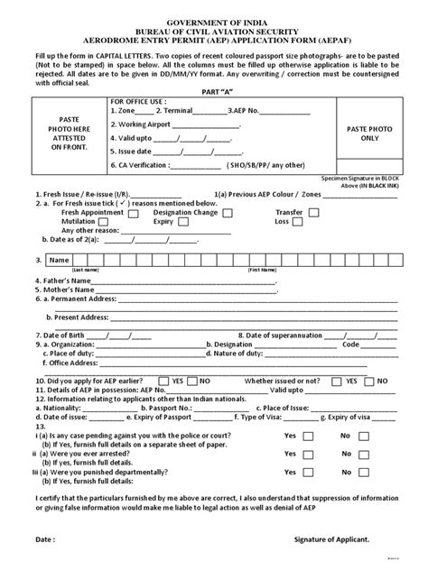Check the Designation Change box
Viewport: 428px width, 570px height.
[228, 212]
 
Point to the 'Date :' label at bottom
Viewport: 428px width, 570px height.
[44, 539]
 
